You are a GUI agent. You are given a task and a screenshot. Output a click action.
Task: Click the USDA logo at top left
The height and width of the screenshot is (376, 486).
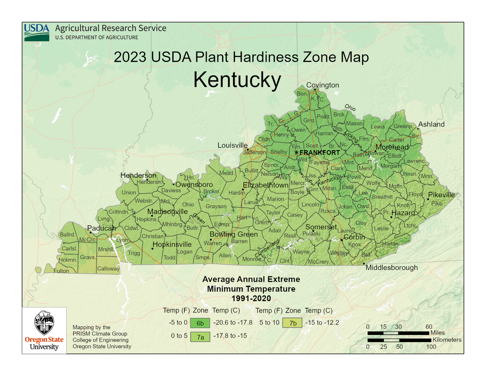tap(36, 32)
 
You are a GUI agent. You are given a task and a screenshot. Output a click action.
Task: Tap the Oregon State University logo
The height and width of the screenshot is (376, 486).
tap(44, 330)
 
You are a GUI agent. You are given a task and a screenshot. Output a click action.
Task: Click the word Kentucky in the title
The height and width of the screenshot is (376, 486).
tap(237, 80)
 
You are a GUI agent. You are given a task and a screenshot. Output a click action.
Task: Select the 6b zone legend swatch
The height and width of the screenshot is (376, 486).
tap(200, 323)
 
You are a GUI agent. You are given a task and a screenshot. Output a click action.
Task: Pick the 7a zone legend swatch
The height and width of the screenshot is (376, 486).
tap(200, 337)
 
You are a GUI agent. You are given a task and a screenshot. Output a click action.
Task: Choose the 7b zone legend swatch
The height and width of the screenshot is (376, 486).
tap(292, 323)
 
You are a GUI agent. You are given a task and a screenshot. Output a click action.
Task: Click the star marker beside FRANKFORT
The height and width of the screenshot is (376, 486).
tap(296, 152)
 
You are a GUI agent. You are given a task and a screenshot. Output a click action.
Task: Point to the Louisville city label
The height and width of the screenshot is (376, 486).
tap(232, 145)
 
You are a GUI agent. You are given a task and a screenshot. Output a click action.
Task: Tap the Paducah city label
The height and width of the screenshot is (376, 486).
tap(101, 228)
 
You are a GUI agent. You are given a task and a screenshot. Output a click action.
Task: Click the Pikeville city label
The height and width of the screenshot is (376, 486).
tap(441, 195)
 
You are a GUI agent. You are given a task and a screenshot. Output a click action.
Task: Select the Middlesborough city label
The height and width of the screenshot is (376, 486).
tap(391, 268)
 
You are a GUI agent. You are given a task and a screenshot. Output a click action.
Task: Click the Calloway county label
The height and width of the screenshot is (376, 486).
tap(108, 269)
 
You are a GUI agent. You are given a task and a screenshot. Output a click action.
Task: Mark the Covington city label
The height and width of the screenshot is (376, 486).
tap(322, 85)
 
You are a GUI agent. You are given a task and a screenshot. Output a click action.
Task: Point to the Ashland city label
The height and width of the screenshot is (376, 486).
tap(431, 124)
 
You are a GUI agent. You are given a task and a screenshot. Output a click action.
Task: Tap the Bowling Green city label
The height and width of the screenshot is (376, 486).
tap(234, 234)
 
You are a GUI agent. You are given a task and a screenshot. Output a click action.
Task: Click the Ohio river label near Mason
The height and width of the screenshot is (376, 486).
tap(350, 107)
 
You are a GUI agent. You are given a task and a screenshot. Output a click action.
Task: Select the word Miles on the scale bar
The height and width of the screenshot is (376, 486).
tap(437, 333)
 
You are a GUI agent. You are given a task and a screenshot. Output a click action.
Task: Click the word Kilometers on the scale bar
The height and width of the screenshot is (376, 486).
tap(447, 340)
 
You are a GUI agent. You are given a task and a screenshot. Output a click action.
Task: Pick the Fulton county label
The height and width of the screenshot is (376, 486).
tap(61, 271)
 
